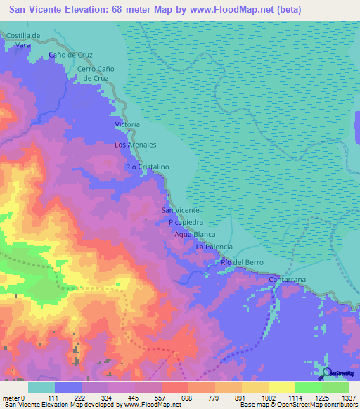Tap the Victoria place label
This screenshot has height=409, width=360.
(127, 124)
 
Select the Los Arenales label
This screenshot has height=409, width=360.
(135, 145)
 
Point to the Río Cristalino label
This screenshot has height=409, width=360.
(148, 167)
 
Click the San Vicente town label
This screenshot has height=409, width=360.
(181, 210)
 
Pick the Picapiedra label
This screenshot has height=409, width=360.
(186, 222)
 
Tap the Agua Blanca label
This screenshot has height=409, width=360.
(194, 235)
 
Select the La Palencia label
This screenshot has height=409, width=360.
(214, 247)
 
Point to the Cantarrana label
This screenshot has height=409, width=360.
(288, 280)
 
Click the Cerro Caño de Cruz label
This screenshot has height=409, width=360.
(95, 73)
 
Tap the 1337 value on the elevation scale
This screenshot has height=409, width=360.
(347, 398)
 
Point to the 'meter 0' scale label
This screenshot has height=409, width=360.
(13, 398)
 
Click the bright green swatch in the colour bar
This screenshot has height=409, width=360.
(308, 387)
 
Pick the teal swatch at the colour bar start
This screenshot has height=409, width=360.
(41, 387)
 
